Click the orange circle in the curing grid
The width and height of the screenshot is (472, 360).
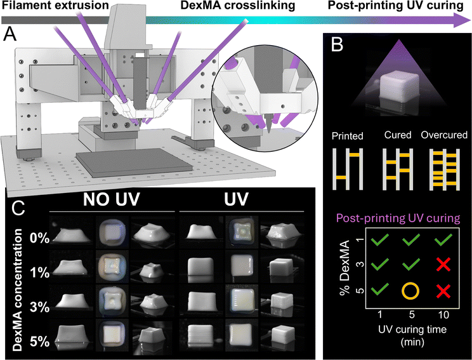coord(410,291)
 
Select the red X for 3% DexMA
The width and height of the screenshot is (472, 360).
coord(443,265)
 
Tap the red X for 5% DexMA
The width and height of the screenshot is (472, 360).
coord(443,291)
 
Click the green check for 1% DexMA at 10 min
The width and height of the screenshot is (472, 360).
coord(443,239)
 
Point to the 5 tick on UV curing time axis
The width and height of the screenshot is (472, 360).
coord(411,314)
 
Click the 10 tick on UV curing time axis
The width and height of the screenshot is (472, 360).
coord(443,314)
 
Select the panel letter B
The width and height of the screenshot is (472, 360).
coord(336,45)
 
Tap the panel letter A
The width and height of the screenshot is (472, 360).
coord(10,35)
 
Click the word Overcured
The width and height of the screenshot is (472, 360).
coord(444,135)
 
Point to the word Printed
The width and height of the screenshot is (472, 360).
coord(348,136)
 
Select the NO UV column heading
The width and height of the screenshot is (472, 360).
coord(112,199)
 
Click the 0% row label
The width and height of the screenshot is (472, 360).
coord(40,238)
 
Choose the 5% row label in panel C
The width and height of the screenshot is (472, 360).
coord(40,342)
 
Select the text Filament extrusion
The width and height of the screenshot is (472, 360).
coord(55,6)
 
